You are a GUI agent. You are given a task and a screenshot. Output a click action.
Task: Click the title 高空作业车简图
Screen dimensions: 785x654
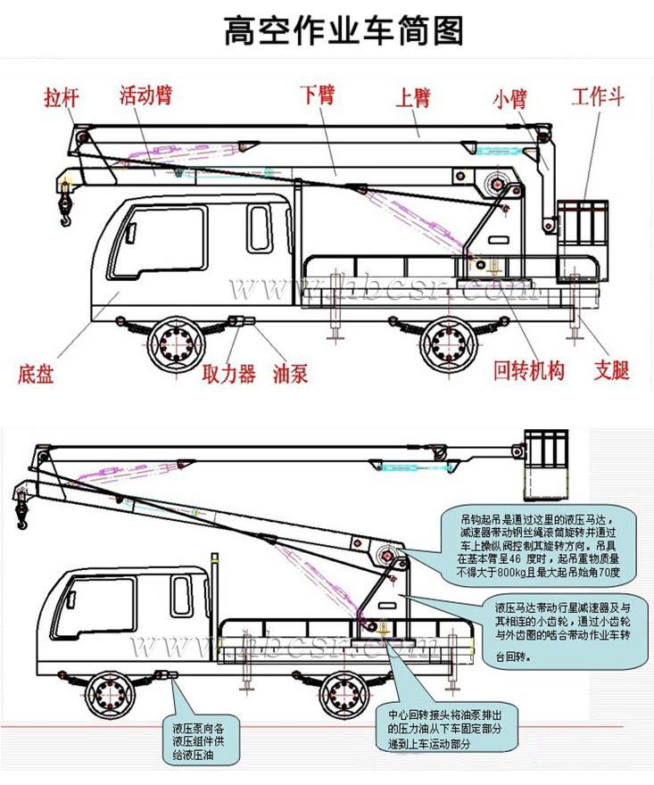tap(344, 30)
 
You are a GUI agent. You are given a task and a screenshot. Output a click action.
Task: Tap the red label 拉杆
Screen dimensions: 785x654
tap(61, 97)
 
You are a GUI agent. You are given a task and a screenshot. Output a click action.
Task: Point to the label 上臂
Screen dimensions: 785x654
tap(412, 96)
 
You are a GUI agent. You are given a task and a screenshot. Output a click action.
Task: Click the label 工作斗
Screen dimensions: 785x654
tap(597, 96)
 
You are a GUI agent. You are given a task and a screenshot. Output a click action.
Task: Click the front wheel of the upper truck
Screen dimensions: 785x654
tap(174, 343)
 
